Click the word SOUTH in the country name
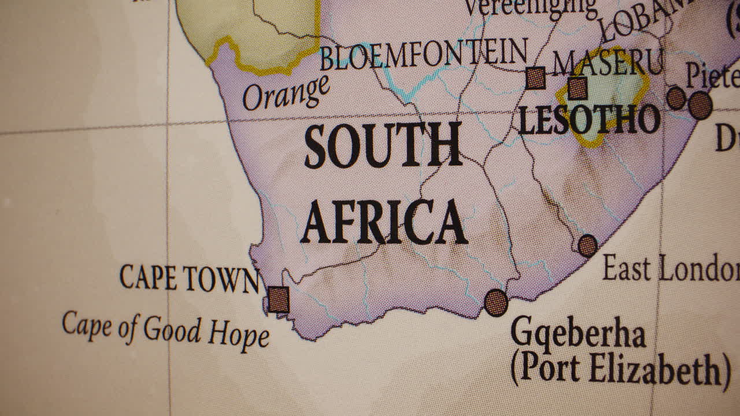(383, 145)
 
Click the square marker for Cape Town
(279, 299)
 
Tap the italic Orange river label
(286, 93)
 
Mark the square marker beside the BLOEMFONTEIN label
(535, 78)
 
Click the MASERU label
(607, 62)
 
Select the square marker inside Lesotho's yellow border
(577, 88)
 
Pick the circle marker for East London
(587, 246)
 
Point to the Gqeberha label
(578, 333)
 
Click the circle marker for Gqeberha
(496, 302)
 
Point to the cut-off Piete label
(712, 75)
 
